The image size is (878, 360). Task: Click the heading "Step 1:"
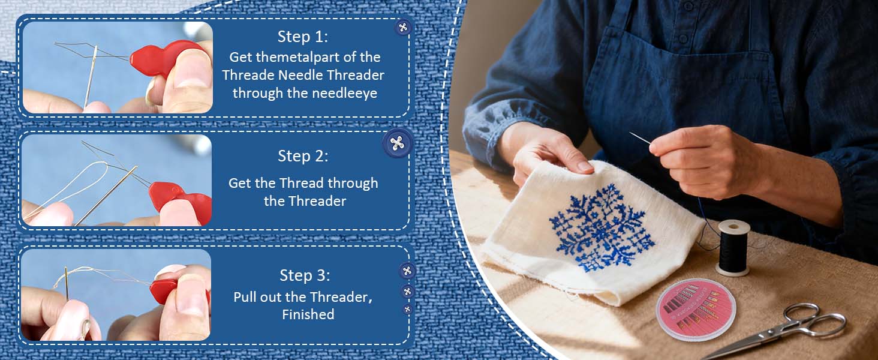(303, 37)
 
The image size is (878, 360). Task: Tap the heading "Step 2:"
(303, 156)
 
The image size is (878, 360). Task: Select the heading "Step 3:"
(305, 275)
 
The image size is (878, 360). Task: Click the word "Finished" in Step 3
(308, 314)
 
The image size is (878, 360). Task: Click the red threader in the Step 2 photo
(181, 203)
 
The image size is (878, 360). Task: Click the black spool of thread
(733, 248)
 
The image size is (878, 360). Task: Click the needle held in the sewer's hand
(640, 137)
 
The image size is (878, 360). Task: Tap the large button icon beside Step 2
(397, 143)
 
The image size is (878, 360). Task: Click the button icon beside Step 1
(402, 27)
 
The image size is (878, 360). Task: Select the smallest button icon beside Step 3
(407, 309)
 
